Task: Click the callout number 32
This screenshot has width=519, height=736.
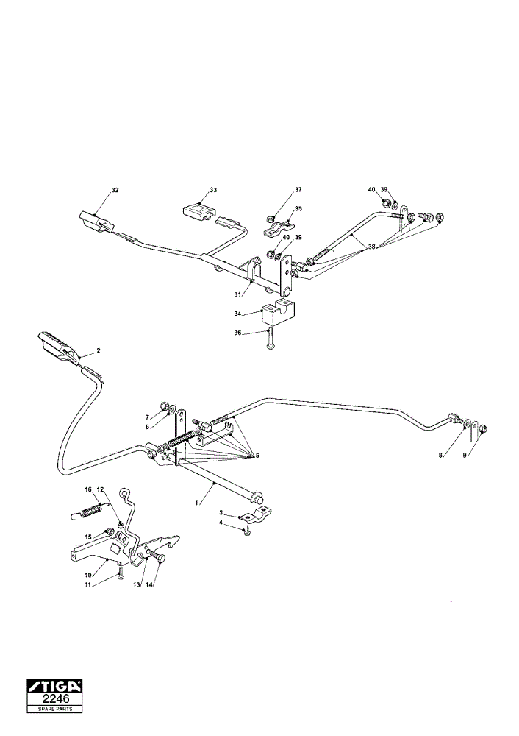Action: (x=115, y=190)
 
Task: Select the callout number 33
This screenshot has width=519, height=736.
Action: (x=213, y=190)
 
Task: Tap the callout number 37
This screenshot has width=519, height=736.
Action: (x=298, y=190)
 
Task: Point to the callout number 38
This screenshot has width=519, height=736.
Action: (x=372, y=247)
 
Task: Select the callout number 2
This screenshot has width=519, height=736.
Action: (x=99, y=350)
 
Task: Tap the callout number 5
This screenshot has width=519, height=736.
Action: (x=257, y=456)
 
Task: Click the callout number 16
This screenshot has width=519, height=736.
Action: (x=87, y=489)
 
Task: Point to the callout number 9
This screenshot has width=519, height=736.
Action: (x=465, y=455)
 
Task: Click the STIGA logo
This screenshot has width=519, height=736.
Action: (x=54, y=686)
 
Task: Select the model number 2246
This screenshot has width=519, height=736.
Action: (x=56, y=699)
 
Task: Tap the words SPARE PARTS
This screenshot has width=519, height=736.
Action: (x=55, y=709)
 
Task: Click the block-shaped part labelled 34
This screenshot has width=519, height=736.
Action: (x=276, y=311)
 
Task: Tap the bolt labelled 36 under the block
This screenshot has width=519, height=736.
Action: (x=269, y=339)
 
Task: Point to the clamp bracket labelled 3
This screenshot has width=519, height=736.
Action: (x=256, y=514)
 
